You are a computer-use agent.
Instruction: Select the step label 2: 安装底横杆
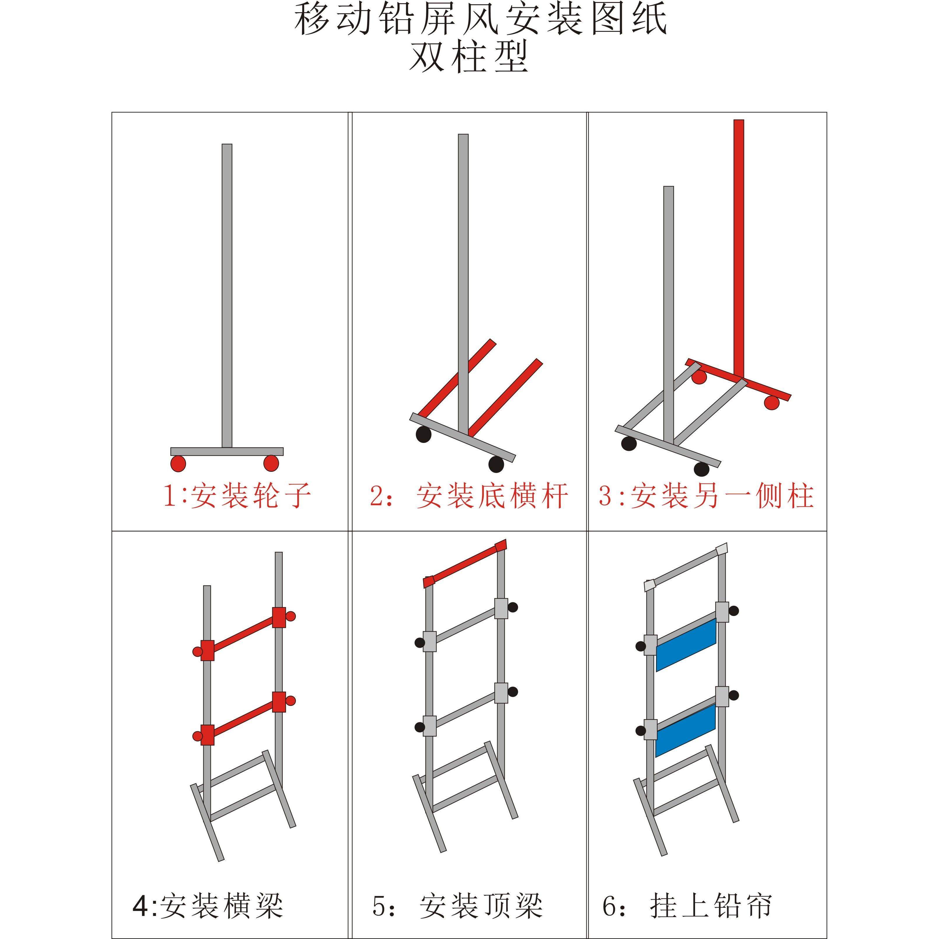pos(469,496)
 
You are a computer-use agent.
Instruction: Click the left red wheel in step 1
pos(178,463)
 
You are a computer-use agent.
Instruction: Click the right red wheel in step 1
pos(271,463)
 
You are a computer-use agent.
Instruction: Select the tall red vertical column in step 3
pos(739,243)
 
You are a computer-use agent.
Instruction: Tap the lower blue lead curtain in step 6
pos(686,730)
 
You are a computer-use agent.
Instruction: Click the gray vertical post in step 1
pos(227,292)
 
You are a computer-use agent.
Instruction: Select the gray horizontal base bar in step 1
pos(227,451)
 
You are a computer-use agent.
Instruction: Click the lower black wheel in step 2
pos(496,464)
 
